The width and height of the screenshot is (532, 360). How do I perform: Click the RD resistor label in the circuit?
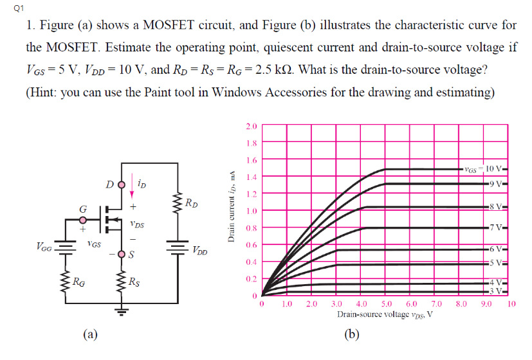[191, 204]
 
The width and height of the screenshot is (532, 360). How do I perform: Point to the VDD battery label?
[199, 249]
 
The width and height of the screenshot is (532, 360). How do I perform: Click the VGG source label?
[44, 245]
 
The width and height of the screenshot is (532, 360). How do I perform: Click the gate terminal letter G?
[82, 208]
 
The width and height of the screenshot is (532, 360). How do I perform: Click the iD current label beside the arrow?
[141, 184]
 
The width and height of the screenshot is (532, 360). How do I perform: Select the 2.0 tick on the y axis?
[252, 126]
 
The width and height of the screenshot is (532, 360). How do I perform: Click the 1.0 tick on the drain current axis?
[252, 210]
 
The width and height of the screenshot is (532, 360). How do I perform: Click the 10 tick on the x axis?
[511, 304]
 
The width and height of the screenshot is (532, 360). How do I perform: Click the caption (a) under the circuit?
[91, 334]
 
